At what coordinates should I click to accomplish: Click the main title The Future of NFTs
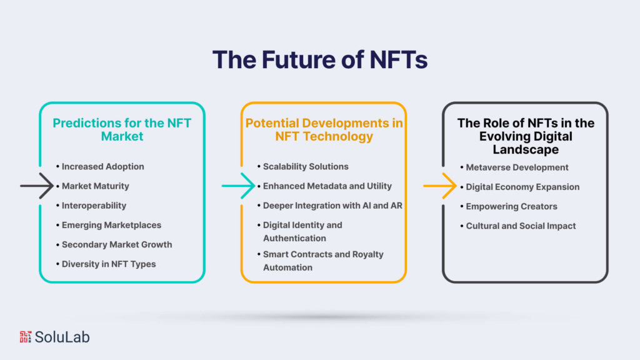(x=319, y=59)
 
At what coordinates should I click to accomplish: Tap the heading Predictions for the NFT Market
(x=121, y=129)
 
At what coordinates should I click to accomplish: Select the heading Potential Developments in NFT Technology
(x=324, y=129)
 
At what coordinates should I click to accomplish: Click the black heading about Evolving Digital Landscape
(x=525, y=136)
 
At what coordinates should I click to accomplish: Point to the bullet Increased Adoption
(x=102, y=166)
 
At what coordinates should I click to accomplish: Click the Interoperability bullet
(x=94, y=205)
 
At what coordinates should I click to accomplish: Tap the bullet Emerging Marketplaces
(x=111, y=225)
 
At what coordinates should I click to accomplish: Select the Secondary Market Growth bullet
(x=116, y=244)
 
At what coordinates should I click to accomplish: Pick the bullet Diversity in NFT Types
(x=109, y=264)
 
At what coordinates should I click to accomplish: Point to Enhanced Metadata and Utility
(x=327, y=186)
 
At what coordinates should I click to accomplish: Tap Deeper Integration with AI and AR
(x=332, y=205)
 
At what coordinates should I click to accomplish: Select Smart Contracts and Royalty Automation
(x=323, y=261)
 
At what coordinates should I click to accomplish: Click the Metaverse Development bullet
(x=517, y=167)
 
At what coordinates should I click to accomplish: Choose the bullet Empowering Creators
(x=511, y=206)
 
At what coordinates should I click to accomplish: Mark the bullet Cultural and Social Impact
(x=521, y=226)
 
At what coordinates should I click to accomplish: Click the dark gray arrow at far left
(x=37, y=186)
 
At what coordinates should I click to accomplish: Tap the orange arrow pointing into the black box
(x=440, y=186)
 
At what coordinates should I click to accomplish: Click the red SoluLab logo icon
(x=25, y=337)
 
